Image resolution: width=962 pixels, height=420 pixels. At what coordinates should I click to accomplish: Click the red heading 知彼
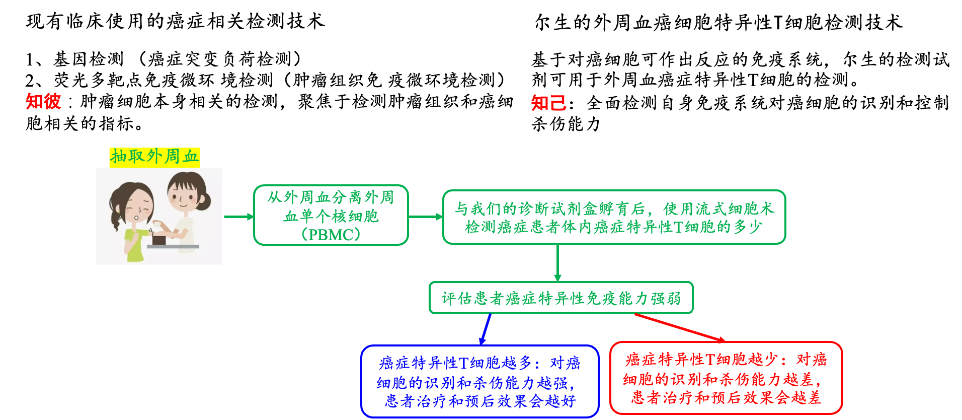[x=43, y=101]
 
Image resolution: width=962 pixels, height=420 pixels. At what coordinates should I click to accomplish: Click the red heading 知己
[x=548, y=103]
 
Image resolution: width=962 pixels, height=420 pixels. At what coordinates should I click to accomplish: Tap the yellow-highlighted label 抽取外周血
[x=154, y=157]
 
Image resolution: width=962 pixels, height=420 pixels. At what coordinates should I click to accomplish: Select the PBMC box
[x=331, y=215]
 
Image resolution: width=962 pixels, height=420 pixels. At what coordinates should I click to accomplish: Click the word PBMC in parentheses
[x=331, y=235]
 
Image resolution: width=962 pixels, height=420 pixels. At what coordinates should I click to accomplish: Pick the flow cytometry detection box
[x=614, y=217]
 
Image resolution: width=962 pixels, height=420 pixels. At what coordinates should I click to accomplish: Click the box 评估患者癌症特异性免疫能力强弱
[x=561, y=298]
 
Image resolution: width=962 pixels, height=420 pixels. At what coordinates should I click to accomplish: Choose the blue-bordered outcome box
[x=480, y=382]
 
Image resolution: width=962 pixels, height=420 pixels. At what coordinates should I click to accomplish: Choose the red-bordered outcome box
[x=726, y=378]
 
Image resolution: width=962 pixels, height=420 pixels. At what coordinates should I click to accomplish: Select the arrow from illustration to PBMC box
[x=238, y=217]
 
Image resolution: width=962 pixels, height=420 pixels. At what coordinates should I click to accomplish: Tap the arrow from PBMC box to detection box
[x=426, y=217]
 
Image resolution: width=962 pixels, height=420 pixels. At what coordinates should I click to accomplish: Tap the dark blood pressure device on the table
[x=159, y=239]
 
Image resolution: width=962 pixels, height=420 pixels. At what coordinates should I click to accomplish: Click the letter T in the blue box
[x=463, y=363]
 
